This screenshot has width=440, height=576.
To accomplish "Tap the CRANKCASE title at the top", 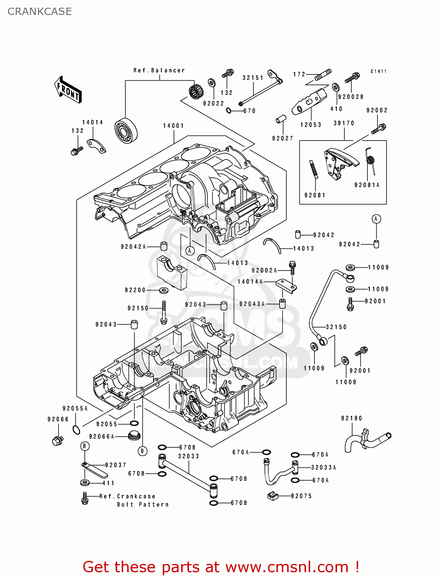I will [x=40, y=12].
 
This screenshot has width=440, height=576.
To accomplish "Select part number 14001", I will [x=174, y=126].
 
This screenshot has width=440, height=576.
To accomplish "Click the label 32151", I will [x=253, y=78].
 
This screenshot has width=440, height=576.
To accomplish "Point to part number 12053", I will [x=311, y=125].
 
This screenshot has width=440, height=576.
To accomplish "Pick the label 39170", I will [x=344, y=123].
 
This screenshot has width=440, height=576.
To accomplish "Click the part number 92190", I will [x=352, y=419].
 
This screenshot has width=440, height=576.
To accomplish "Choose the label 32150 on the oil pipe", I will [x=336, y=327].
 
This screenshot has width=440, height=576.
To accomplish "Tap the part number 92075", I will [x=301, y=496].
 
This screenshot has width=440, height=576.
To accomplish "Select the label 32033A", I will [x=324, y=468].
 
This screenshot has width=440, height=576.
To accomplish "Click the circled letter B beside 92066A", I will [x=142, y=451].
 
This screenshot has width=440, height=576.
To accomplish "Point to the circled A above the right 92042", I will [x=376, y=219].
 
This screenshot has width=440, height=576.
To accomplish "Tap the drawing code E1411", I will [x=379, y=71].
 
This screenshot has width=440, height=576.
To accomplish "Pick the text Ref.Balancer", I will [x=159, y=71].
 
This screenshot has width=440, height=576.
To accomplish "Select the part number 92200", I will [x=136, y=290].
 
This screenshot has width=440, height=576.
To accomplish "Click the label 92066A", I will [x=102, y=437].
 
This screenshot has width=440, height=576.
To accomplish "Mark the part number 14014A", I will [x=250, y=282].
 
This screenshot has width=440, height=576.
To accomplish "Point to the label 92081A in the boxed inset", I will [x=367, y=185].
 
